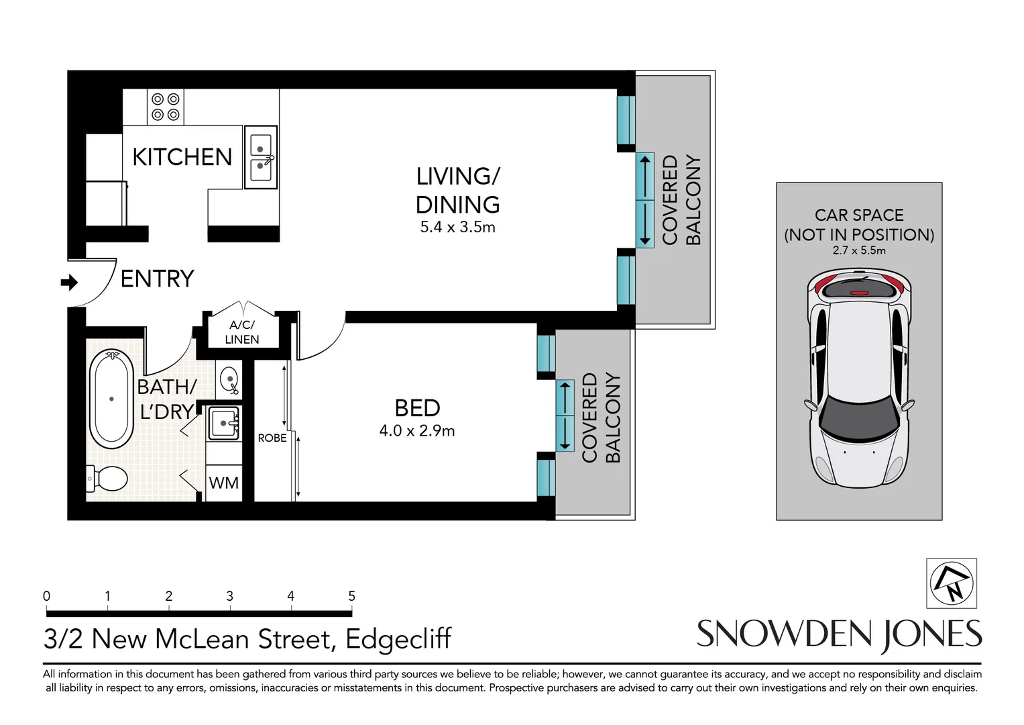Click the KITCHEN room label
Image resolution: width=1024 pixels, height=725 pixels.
pos(182,157)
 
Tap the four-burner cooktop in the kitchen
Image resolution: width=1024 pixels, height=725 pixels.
pos(165,107)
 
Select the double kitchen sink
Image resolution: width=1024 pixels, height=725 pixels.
pos(260,156)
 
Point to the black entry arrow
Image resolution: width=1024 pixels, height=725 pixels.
pos(69,283)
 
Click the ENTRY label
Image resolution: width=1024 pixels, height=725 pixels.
pos(157,279)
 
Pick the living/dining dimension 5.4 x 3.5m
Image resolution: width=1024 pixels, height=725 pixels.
pos(457,228)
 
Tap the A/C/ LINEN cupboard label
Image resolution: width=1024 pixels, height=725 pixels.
pos(241,332)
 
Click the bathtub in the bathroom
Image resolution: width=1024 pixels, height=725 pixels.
pos(111,399)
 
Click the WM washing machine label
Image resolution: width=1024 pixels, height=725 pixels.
pos(223,483)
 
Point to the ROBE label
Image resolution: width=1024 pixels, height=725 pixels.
pos(272,438)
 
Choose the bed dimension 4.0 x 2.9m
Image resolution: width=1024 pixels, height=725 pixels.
pos(416,431)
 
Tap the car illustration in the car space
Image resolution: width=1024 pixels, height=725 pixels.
pos(858,379)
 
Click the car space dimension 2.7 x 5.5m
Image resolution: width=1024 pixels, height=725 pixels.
pos(858,250)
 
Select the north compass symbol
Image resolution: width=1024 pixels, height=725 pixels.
pos(952,582)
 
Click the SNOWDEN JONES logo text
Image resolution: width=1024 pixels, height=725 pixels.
pos(839,634)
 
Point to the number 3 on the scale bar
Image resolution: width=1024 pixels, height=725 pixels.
pos(229,596)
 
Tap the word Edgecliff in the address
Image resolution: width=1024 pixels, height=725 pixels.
pos(398,639)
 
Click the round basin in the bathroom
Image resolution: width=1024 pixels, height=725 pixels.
pos(229,380)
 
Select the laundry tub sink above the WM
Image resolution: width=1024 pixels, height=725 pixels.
pos(223,423)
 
